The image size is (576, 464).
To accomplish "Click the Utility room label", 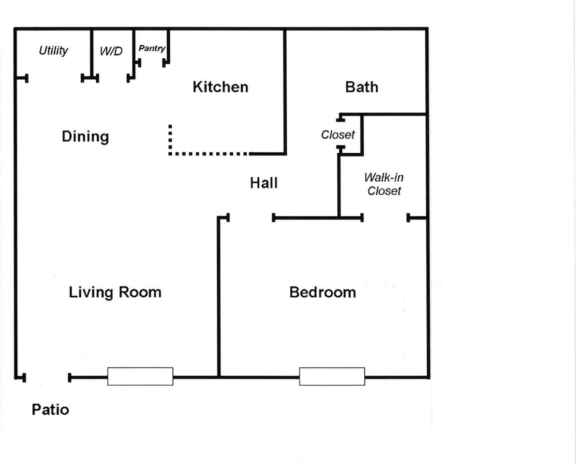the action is point(53,50).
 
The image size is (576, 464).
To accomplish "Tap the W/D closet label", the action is point(111,51).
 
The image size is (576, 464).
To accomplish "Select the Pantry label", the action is point(152,48).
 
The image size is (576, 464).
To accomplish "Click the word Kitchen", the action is point(221,87).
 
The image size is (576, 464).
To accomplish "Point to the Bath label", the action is point(361,87).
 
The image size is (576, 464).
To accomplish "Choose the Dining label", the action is point(85,137).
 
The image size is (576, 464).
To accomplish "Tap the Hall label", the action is point(264,183).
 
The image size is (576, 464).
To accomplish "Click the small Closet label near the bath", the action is point(338,135).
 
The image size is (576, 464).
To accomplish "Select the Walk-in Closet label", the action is point(384,184).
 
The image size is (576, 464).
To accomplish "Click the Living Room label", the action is point(115,292).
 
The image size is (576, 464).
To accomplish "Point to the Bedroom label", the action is point(323,292).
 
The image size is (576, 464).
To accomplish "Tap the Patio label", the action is point(50,410).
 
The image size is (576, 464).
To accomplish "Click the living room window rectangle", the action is point(140,376).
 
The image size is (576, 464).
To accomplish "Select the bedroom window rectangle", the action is point(332,376).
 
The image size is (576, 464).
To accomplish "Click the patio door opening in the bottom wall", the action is point(46,377).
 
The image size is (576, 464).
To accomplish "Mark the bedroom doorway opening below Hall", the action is point(251,217).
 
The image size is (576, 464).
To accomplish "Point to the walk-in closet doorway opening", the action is point(385,217).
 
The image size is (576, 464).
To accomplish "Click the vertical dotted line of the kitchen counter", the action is point(170,140).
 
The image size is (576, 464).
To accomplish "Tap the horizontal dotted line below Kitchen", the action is point(208,153).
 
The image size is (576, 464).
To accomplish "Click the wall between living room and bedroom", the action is point(219,297).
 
